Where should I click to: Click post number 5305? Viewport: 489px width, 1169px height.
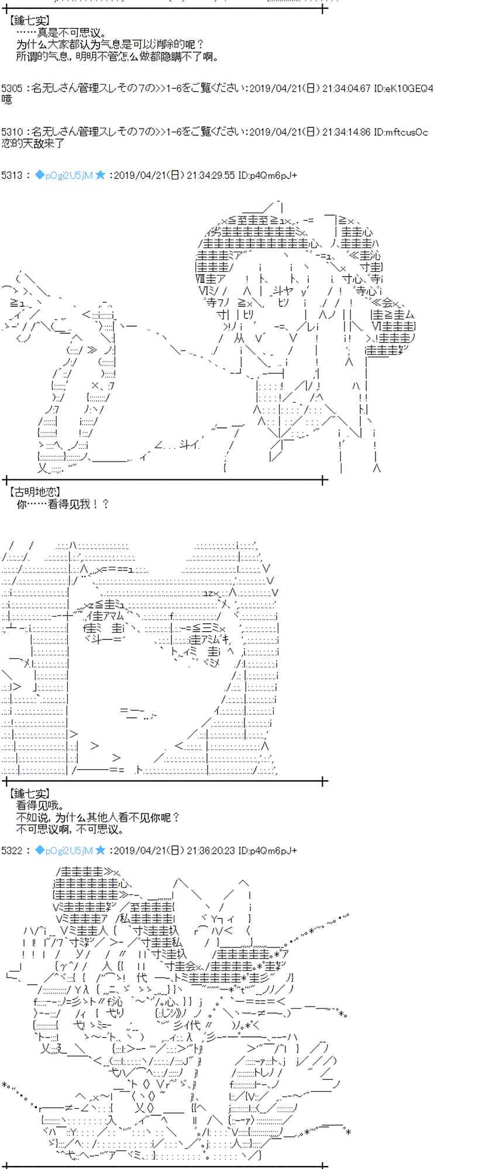click(x=12, y=88)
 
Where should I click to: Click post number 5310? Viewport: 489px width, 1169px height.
click(x=12, y=132)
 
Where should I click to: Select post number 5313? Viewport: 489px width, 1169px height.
click(x=12, y=175)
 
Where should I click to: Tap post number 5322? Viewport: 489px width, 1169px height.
click(x=12, y=850)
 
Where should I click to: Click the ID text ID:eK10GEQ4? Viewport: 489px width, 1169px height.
click(x=404, y=88)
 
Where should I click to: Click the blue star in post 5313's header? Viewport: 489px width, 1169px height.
click(x=100, y=175)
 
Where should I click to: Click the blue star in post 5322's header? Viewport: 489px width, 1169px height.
click(x=100, y=850)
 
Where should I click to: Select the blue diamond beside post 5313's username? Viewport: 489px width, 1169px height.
click(x=39, y=175)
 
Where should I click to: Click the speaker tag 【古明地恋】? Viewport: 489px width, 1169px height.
click(x=35, y=492)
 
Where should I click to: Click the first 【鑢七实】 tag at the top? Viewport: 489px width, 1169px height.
click(x=29, y=21)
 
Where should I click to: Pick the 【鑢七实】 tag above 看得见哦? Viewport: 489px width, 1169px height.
click(x=29, y=793)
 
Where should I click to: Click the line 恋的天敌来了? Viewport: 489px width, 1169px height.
click(x=33, y=143)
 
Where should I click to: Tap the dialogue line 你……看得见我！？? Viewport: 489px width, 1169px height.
click(x=63, y=504)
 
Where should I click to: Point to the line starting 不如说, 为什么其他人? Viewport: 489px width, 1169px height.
click(x=98, y=817)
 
